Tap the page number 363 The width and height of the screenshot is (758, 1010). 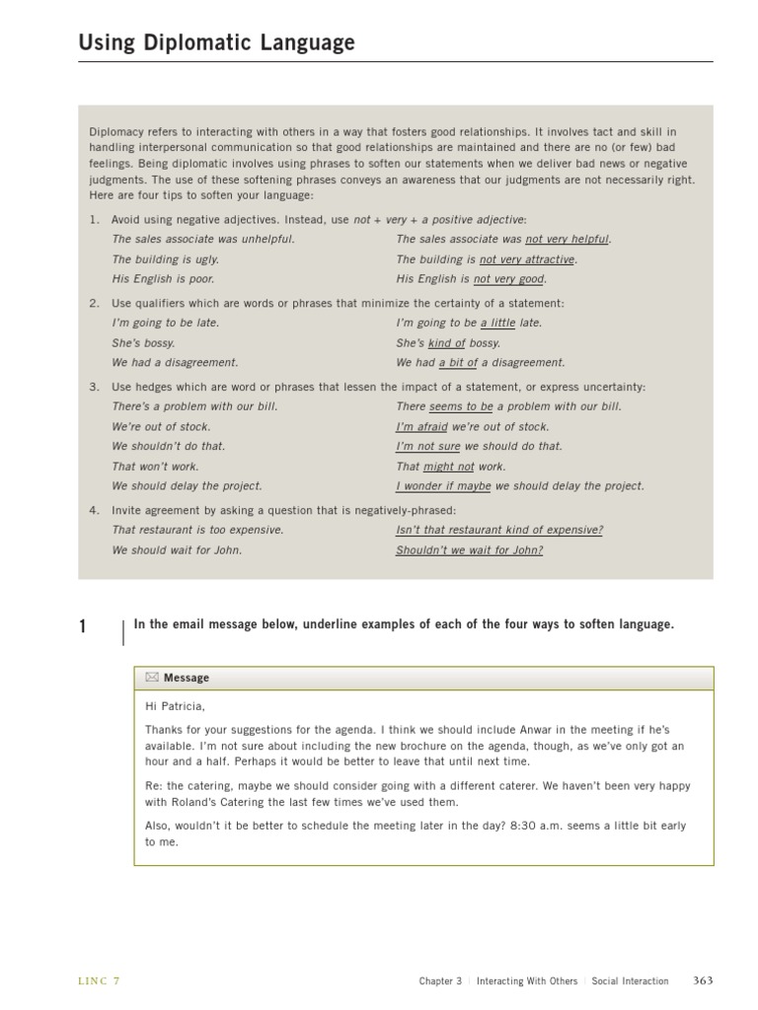pyautogui.click(x=703, y=980)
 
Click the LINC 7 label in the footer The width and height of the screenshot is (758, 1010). pyautogui.click(x=99, y=980)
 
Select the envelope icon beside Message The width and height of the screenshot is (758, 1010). pyautogui.click(x=152, y=678)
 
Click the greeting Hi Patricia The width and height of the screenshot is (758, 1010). pyautogui.click(x=175, y=706)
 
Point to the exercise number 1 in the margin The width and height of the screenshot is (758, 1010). pyautogui.click(x=83, y=626)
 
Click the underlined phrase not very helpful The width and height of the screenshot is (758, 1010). pyautogui.click(x=568, y=239)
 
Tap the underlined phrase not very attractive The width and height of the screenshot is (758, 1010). pyautogui.click(x=527, y=259)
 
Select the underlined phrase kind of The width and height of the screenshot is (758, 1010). pyautogui.click(x=446, y=343)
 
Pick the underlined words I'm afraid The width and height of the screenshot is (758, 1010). pyautogui.click(x=421, y=427)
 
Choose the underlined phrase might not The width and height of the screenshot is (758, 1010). pyautogui.click(x=449, y=467)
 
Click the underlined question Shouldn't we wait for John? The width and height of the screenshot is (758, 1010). pyautogui.click(x=469, y=550)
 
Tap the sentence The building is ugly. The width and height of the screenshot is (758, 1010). pyautogui.click(x=165, y=259)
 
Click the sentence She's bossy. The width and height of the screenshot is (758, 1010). pyautogui.click(x=143, y=343)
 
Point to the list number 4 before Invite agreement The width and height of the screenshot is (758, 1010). pyautogui.click(x=94, y=510)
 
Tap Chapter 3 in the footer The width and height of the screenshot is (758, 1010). pyautogui.click(x=440, y=981)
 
